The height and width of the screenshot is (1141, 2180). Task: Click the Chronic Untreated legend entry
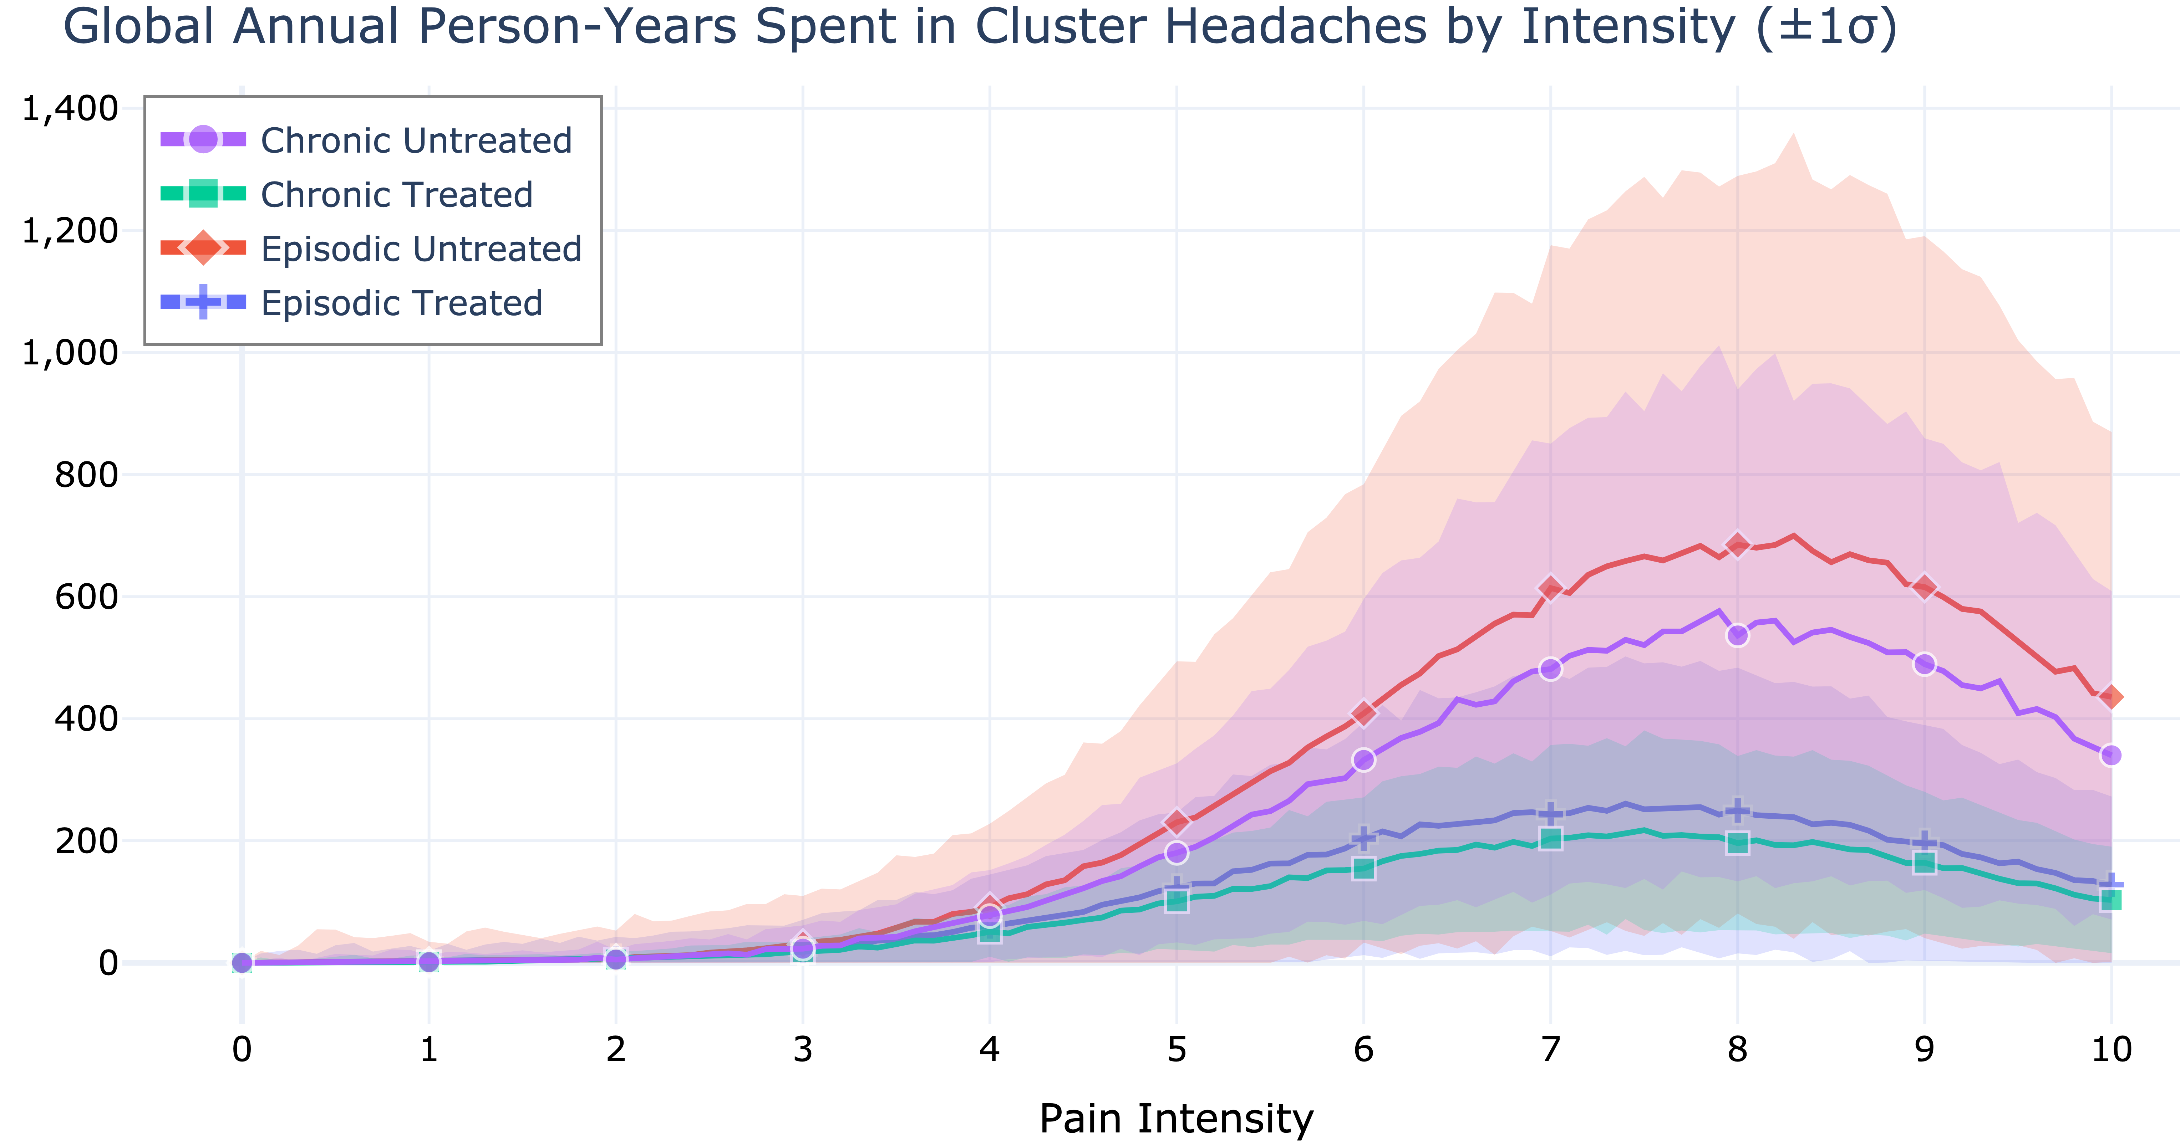416,140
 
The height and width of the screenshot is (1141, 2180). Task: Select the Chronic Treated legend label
396,195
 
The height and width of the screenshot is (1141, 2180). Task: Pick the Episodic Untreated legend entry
421,249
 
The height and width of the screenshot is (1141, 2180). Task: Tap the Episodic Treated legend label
401,303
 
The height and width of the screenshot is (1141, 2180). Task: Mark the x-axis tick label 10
2110,1050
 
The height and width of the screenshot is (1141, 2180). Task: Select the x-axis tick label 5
1176,1050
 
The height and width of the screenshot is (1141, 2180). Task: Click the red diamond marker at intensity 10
2110,697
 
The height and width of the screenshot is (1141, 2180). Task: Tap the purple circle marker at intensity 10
2110,754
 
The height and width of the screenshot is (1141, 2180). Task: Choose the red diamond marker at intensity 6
1363,713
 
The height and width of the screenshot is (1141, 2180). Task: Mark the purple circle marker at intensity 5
1176,853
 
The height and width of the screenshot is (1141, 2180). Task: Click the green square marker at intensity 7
1550,838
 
